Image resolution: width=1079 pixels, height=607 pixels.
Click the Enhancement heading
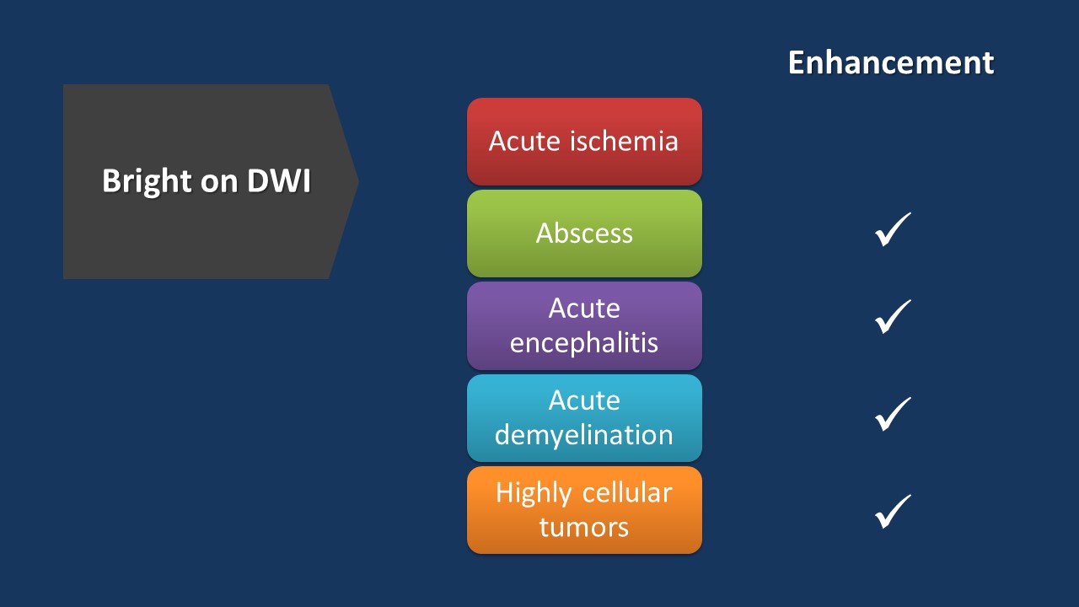click(891, 63)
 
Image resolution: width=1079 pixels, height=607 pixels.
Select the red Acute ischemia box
click(584, 141)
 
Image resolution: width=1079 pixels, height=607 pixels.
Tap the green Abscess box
click(584, 234)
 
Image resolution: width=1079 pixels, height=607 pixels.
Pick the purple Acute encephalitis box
click(584, 325)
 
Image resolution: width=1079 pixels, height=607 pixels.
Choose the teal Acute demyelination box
click(584, 417)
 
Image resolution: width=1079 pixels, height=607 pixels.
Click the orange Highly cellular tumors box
click(584, 510)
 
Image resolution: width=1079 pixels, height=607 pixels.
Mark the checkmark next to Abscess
click(893, 230)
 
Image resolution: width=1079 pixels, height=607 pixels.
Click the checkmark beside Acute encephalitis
click(893, 316)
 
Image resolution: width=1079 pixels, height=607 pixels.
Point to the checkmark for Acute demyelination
click(893, 414)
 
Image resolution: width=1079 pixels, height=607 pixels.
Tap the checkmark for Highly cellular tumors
click(893, 512)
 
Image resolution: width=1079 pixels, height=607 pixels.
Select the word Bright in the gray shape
click(142, 182)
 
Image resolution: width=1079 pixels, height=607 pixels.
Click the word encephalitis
click(584, 343)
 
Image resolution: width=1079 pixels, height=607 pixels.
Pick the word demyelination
click(584, 435)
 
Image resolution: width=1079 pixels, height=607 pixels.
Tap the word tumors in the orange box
click(584, 528)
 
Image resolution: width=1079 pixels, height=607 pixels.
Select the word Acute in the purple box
click(584, 309)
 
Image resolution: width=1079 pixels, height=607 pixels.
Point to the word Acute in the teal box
click(584, 400)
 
